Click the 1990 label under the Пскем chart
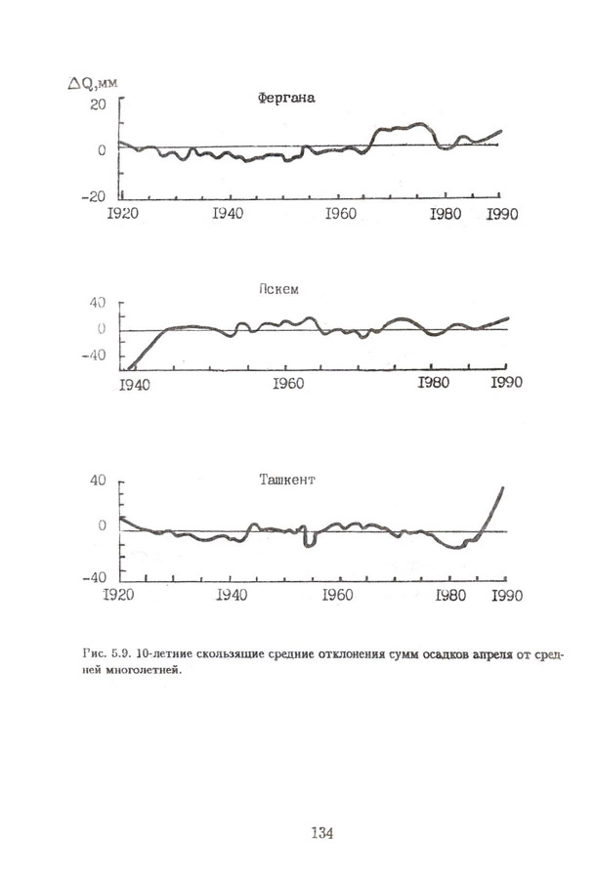[506, 382]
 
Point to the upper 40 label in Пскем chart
[98, 304]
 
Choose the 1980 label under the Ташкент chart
[452, 594]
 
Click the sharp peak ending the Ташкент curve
[503, 487]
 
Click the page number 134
[322, 833]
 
